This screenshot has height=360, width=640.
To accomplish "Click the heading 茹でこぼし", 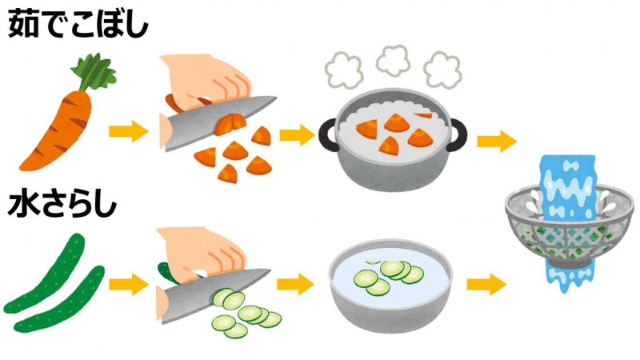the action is pos(78,25).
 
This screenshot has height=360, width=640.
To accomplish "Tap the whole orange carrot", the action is pos(57,130).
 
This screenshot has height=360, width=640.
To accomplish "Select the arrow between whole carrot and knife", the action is pos(128,131).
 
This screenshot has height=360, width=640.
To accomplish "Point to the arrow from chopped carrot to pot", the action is pos(297,134).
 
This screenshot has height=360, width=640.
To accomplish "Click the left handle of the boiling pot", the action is pos(328,134).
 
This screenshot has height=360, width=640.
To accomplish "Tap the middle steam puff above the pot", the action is pos(393,61).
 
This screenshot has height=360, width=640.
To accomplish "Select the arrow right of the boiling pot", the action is pos(496,142).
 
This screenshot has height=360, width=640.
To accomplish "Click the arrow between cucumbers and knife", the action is pos(128,284).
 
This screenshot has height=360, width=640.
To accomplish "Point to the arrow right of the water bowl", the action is pos(486,284).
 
